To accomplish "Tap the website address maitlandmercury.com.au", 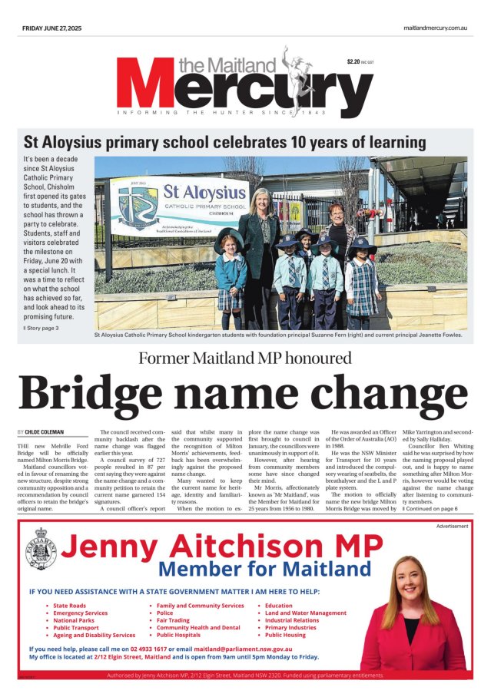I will pos(435,28).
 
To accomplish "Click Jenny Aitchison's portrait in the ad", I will pos(414,610).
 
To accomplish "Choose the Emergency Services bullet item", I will pos(80,613).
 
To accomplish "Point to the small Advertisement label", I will pos(452,526).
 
